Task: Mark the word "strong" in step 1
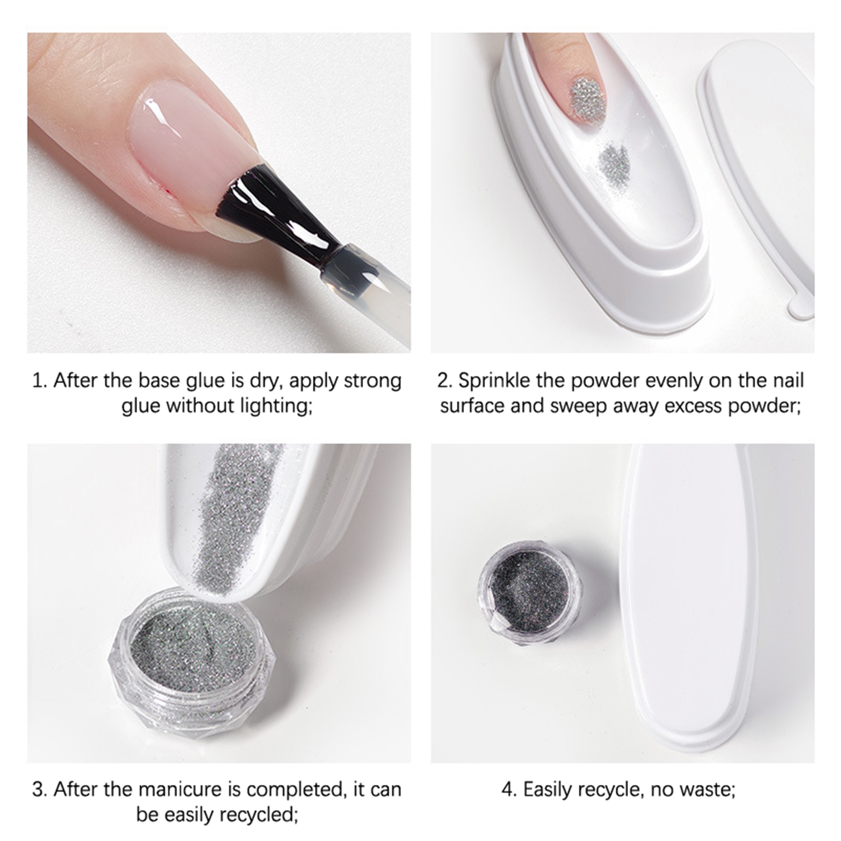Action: (373, 380)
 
